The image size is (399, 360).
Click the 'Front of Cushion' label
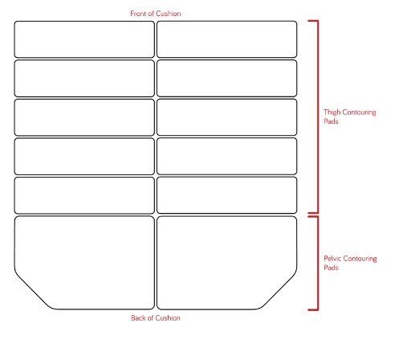click(x=156, y=14)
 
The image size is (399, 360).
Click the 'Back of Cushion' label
click(x=156, y=318)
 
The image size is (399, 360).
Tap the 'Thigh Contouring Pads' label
click(x=350, y=117)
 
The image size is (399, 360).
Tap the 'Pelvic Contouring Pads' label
click(x=350, y=263)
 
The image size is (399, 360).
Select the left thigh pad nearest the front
click(x=84, y=39)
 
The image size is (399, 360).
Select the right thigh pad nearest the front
click(x=227, y=39)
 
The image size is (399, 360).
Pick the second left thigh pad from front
click(x=84, y=78)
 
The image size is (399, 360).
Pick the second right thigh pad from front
click(x=227, y=78)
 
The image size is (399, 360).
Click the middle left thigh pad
click(x=84, y=117)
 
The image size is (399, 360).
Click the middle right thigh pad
click(x=227, y=117)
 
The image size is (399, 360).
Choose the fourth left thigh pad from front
click(x=84, y=156)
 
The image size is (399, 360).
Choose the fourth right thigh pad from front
click(x=227, y=156)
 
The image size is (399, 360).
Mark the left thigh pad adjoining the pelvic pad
click(x=84, y=195)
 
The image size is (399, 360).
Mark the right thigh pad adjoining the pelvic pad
click(x=227, y=195)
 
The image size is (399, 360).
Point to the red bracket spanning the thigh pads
click(x=318, y=117)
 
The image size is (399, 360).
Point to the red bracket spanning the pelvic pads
click(x=318, y=263)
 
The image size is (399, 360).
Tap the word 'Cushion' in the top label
click(x=168, y=14)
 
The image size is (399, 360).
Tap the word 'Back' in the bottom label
click(x=138, y=318)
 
